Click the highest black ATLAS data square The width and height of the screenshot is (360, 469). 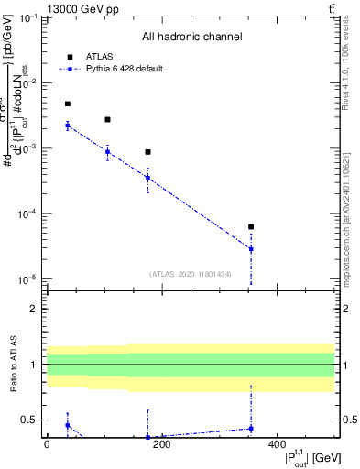[68, 104]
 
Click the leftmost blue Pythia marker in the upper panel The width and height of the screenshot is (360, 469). [68, 125]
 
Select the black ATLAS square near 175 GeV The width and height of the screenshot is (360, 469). [147, 152]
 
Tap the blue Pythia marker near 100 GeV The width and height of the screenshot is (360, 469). [107, 152]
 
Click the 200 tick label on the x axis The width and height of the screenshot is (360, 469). [161, 445]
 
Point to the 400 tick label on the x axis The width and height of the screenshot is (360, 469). [277, 445]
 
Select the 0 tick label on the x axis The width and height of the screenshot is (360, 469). [47, 445]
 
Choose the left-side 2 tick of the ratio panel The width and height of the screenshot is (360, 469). [36, 309]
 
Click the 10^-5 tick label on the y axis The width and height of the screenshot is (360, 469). [28, 279]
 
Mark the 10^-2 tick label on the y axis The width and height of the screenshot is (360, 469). [28, 83]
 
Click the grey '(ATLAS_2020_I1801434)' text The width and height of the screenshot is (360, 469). [191, 273]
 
